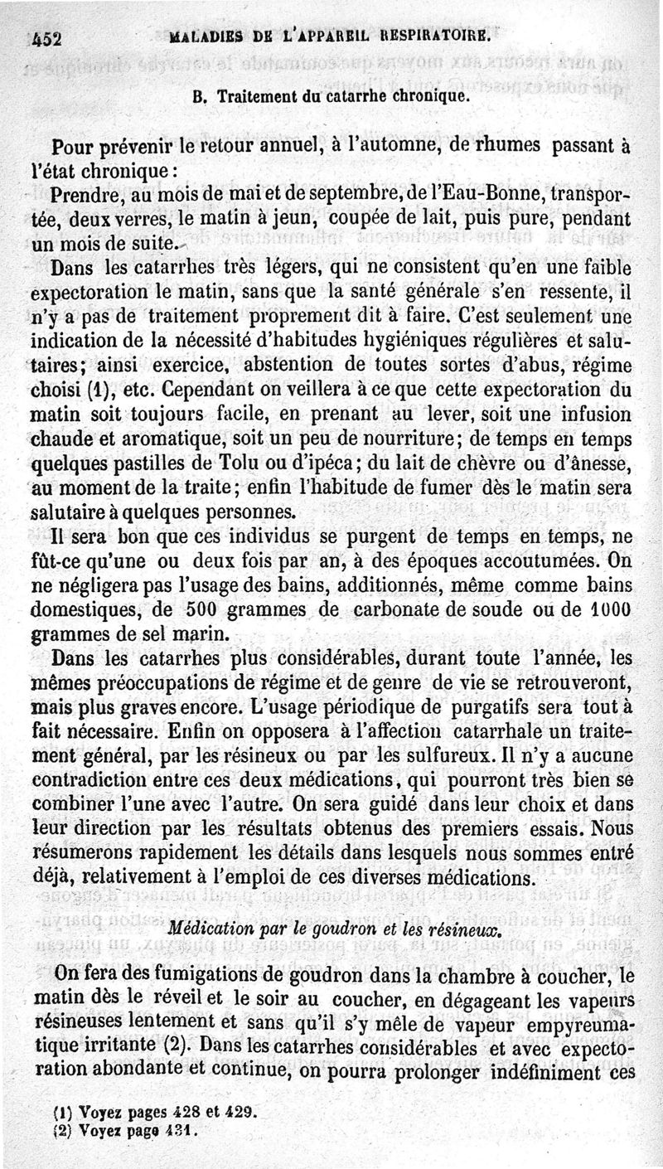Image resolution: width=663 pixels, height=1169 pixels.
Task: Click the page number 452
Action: pos(48,38)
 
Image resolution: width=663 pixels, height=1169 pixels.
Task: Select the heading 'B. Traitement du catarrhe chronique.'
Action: pos(331,95)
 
